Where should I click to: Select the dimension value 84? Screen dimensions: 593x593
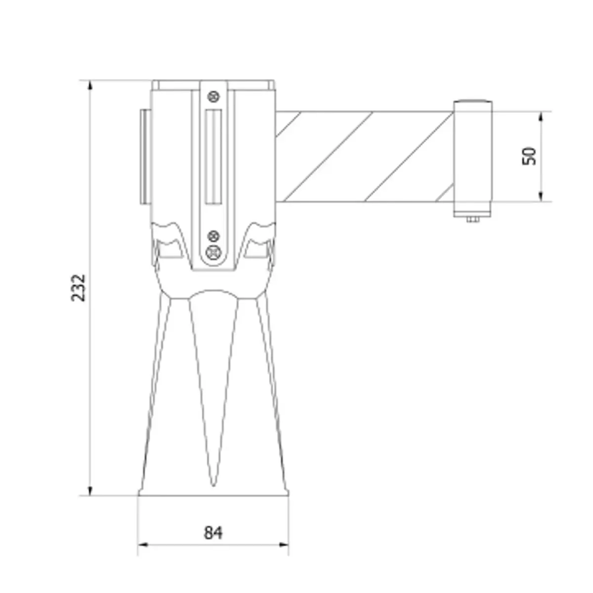(x=213, y=533)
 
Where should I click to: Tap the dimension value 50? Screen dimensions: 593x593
(x=529, y=156)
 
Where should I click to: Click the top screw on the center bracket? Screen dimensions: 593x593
(x=213, y=95)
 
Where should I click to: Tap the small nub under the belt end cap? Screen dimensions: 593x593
(x=473, y=218)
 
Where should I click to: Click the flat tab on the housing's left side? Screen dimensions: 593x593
(x=145, y=156)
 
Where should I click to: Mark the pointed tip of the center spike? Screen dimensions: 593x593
(x=213, y=484)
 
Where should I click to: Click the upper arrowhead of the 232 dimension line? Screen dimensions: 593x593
(x=90, y=85)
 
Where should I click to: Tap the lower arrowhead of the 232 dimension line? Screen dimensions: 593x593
(x=90, y=490)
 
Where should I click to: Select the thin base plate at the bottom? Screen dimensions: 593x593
(x=213, y=493)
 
